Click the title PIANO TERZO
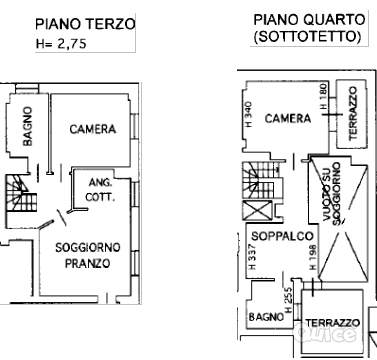pyautogui.click(x=85, y=23)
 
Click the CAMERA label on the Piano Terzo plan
pyautogui.click(x=93, y=129)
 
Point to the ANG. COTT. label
pyautogui.click(x=99, y=189)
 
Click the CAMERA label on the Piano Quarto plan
pyautogui.click(x=288, y=119)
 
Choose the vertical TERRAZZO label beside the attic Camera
pyautogui.click(x=352, y=111)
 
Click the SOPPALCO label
pyautogui.click(x=278, y=237)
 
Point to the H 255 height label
pyautogui.click(x=288, y=298)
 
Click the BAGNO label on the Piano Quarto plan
pyautogui.click(x=264, y=317)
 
